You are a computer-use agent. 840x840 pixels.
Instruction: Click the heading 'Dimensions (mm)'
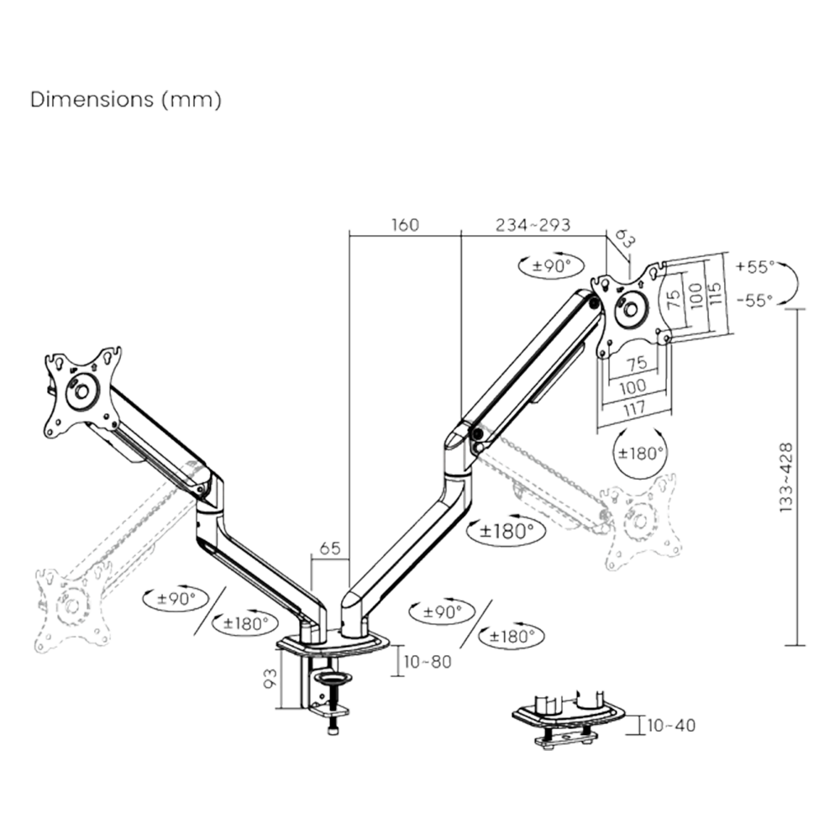[x=126, y=99]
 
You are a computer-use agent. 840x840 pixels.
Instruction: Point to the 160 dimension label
[x=403, y=225]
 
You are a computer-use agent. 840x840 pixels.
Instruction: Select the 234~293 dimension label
[x=533, y=225]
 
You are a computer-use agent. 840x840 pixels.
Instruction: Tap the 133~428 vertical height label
[x=786, y=477]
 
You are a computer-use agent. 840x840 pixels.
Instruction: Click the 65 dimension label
[x=329, y=549]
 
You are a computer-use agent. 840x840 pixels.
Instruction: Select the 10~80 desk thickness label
[x=428, y=661]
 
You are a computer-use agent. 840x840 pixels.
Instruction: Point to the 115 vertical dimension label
[x=713, y=295]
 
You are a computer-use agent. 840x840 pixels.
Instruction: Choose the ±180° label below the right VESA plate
[x=641, y=451]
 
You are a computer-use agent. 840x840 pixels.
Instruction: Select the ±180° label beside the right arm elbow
[x=507, y=531]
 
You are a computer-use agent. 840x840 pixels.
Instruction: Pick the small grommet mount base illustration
[x=569, y=717]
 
